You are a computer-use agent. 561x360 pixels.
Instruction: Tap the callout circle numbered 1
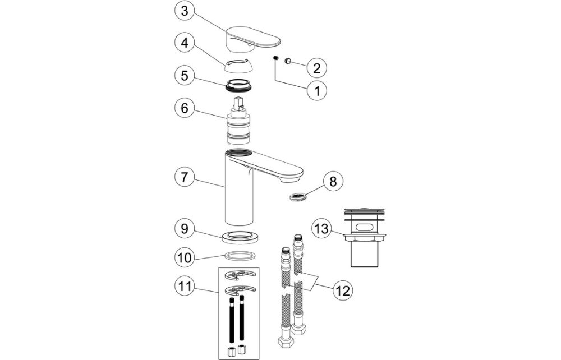(316, 90)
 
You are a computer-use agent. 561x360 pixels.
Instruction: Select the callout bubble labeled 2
(316, 68)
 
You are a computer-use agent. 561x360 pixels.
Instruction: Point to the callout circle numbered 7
(185, 177)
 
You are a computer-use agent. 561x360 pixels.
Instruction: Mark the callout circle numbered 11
(185, 288)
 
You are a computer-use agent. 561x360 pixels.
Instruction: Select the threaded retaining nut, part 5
(239, 87)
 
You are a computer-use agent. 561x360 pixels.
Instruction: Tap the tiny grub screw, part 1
(276, 59)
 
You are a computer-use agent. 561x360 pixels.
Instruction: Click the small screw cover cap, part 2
(288, 60)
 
